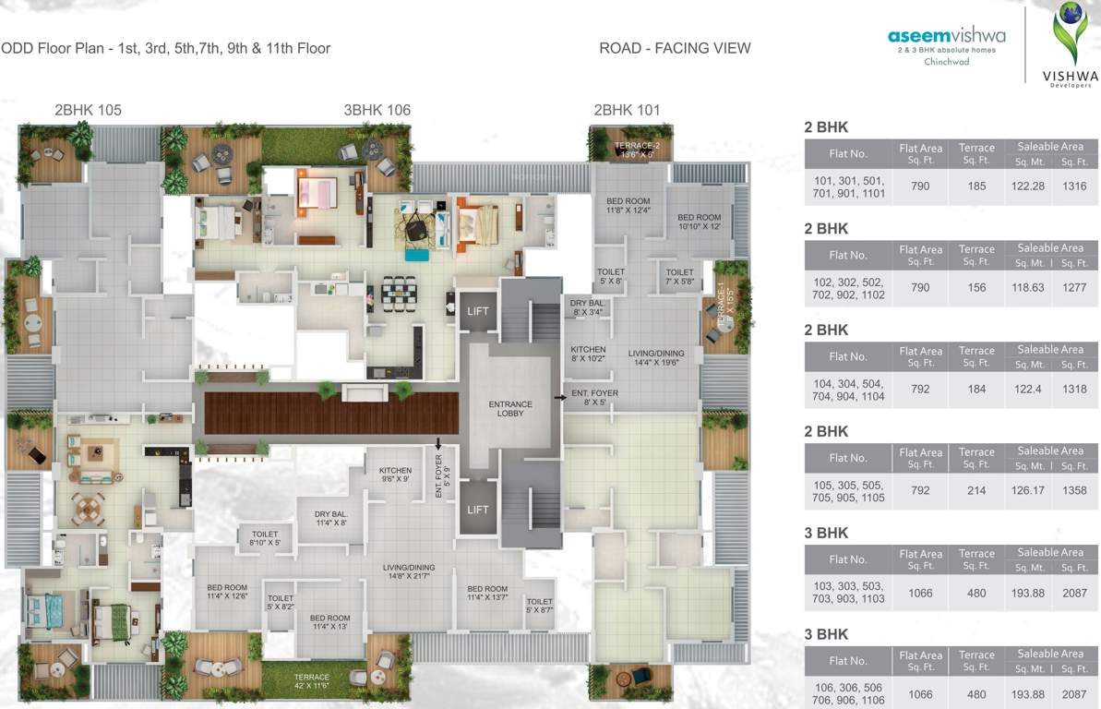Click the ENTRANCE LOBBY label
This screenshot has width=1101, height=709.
510,408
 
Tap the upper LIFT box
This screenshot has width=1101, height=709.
477,311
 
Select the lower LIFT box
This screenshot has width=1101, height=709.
477,510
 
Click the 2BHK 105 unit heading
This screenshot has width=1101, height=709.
88,110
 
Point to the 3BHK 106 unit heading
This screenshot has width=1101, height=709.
377,110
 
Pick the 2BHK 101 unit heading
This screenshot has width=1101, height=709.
627,110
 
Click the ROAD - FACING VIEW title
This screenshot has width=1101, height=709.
675,48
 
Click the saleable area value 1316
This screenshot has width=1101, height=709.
1074,186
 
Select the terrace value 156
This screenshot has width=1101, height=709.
976,287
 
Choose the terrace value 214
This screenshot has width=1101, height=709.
976,490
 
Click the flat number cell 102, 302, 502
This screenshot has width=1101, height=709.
849,288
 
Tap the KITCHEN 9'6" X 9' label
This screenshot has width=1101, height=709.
394,475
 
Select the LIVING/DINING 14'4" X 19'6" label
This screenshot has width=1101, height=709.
656,358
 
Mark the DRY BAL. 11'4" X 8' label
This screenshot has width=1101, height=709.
330,518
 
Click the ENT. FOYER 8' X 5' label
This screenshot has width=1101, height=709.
594,398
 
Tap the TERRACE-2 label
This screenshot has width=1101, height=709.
638,150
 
